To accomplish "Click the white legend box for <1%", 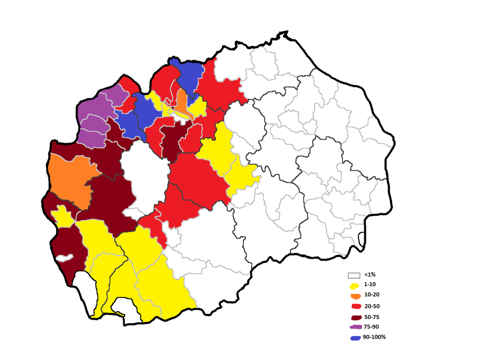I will point(354,275).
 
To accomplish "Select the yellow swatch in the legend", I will point(354,286).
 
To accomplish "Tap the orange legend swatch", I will point(355,296).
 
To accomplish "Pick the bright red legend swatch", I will point(355,306).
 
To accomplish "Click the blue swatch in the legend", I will point(355,337).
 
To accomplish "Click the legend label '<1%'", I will point(369,274).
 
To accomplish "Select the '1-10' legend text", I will point(371,285).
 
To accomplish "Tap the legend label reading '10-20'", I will point(372,296).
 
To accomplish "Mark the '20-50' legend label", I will point(372,306).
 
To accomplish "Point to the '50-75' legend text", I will point(372,317).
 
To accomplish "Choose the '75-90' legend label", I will point(372,327).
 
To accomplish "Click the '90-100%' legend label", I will point(374,337).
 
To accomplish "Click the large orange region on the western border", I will point(70,178).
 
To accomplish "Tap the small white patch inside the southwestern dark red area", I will point(64,258).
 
